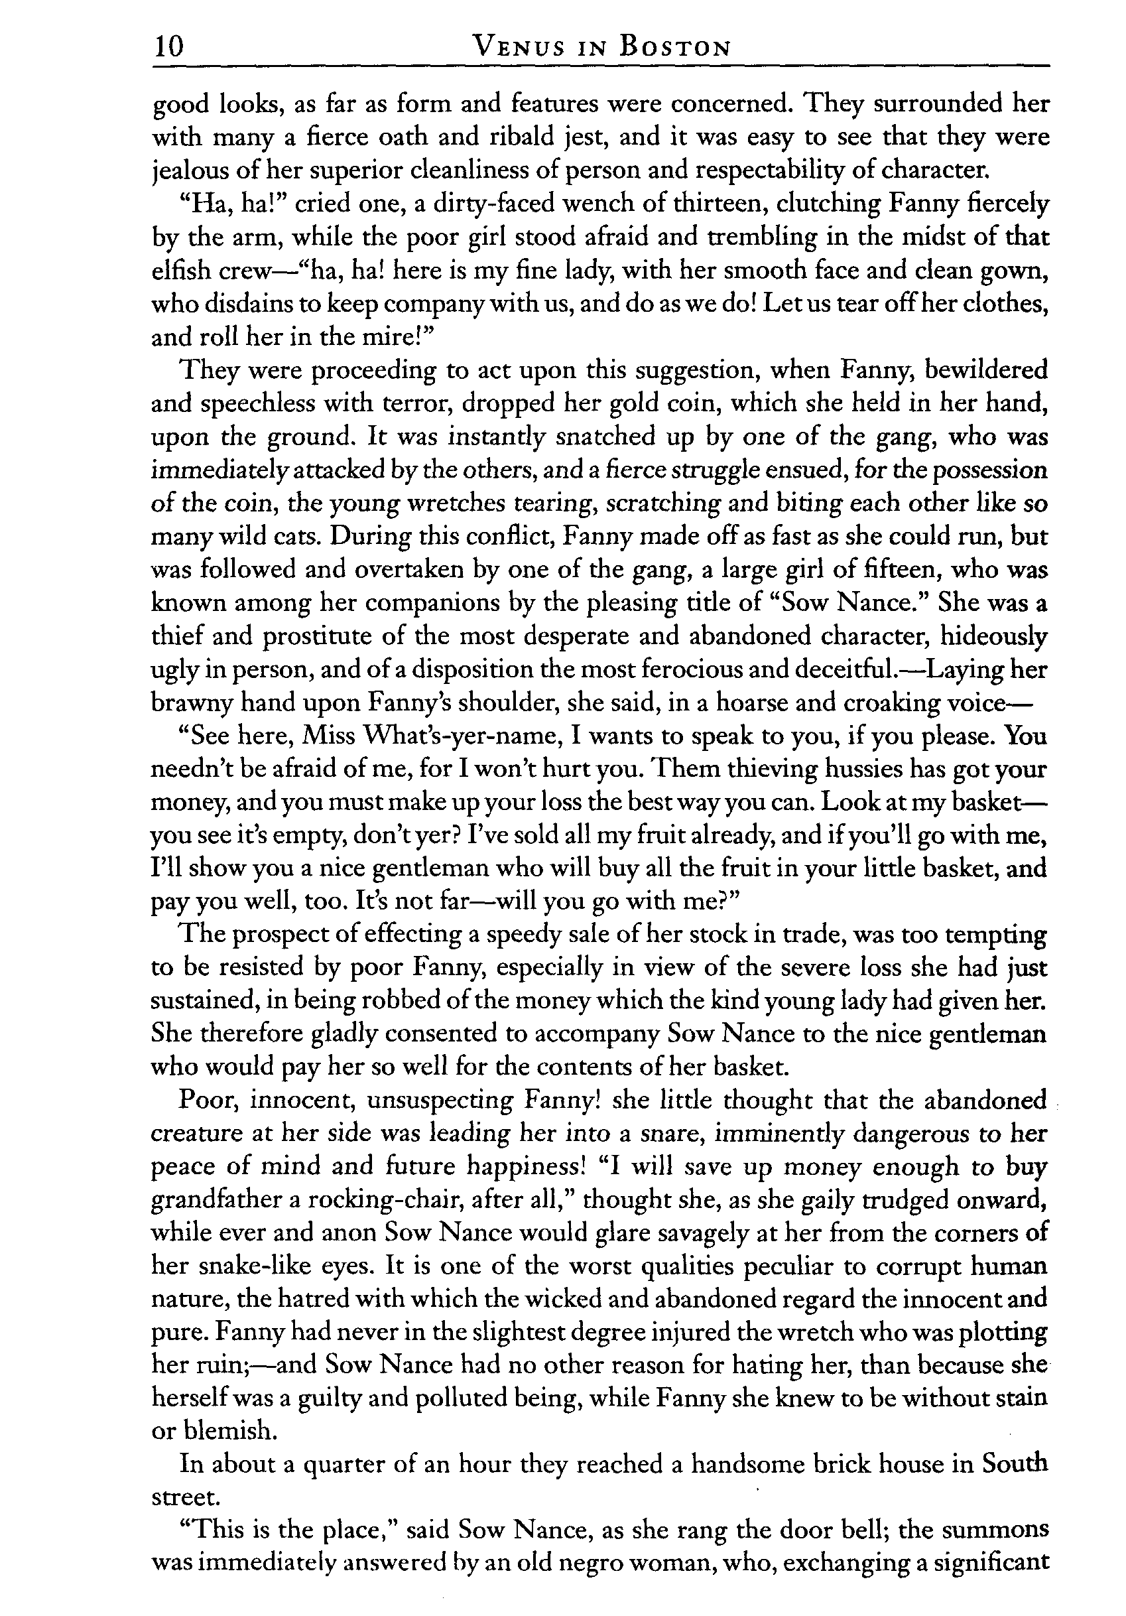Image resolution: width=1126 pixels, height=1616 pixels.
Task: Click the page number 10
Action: click(x=168, y=46)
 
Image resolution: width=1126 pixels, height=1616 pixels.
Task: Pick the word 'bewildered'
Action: click(x=986, y=370)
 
